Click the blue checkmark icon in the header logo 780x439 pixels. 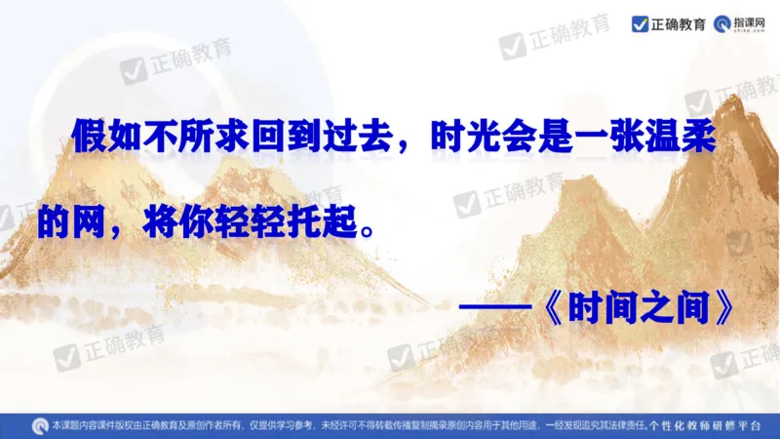[x=640, y=23]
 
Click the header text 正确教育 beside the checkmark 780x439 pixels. [x=679, y=23]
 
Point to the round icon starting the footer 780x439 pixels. [x=39, y=425]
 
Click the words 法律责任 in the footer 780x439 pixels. [x=621, y=426]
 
